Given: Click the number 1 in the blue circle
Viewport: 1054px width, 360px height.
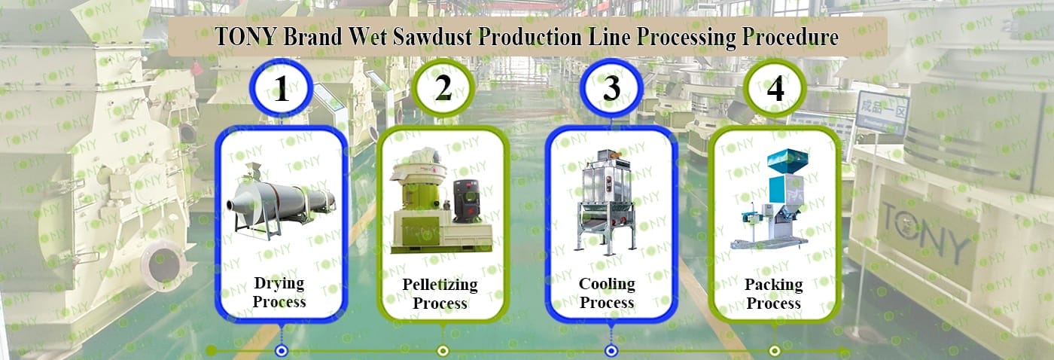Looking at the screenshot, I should [x=281, y=91].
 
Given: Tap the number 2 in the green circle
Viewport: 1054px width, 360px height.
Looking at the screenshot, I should [x=443, y=89].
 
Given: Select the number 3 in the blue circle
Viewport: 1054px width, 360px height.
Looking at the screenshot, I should [x=611, y=88].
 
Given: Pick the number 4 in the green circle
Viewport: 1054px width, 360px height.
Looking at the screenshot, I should [x=775, y=89].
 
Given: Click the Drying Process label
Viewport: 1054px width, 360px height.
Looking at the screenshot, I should [x=279, y=293].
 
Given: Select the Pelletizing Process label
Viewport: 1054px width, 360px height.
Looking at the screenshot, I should [x=440, y=294].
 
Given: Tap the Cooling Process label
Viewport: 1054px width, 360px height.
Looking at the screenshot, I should [x=607, y=294].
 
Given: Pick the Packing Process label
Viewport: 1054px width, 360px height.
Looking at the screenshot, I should [x=773, y=294].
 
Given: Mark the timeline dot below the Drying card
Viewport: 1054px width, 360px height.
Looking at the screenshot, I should [x=281, y=350].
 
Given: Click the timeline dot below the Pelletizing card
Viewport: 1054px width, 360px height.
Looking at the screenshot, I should [x=443, y=350].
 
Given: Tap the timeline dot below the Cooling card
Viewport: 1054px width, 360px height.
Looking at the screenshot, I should [x=611, y=350].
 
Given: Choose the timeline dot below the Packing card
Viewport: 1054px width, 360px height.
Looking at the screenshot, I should [x=775, y=350].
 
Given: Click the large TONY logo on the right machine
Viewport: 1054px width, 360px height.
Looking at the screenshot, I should [x=925, y=230].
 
